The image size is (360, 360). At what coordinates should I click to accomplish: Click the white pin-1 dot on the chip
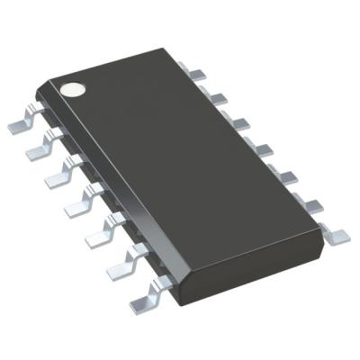point(70,89)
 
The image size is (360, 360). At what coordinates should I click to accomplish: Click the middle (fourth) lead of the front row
point(76,204)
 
